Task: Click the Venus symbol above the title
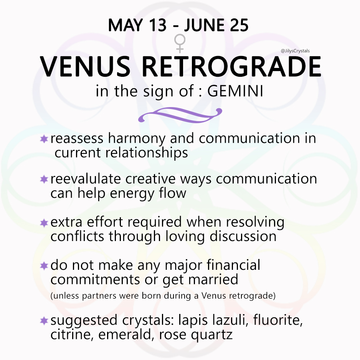[180, 43]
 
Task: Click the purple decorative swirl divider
[180, 115]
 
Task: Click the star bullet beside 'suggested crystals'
[44, 320]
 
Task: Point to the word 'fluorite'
[280, 320]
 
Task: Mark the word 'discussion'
[243, 236]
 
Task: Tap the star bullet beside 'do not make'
[44, 266]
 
